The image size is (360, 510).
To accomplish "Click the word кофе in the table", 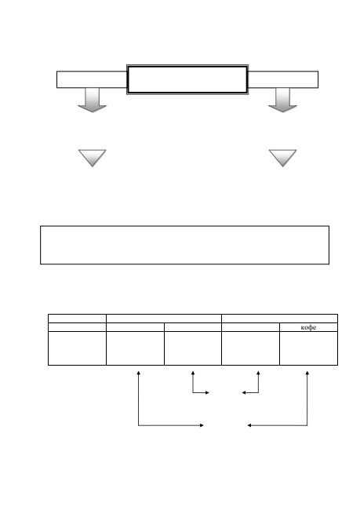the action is pyautogui.click(x=308, y=327).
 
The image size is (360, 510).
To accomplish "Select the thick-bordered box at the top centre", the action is pyautogui.click(x=187, y=80).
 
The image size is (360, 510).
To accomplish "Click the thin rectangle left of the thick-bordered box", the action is pyautogui.click(x=92, y=79).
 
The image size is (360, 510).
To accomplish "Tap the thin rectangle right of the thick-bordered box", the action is pyautogui.click(x=283, y=79).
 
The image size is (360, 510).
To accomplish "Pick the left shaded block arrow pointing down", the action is pyautogui.click(x=93, y=100).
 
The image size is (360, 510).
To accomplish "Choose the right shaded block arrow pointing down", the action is pyautogui.click(x=282, y=100).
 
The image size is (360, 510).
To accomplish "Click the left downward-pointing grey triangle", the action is pyautogui.click(x=93, y=157).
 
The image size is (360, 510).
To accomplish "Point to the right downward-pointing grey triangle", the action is pyautogui.click(x=282, y=157).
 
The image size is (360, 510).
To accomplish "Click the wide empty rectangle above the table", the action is pyautogui.click(x=185, y=245).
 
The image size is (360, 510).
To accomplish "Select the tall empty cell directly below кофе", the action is pyautogui.click(x=308, y=348).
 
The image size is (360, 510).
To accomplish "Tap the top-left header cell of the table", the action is pyautogui.click(x=77, y=319).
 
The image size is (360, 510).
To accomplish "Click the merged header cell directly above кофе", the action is pyautogui.click(x=280, y=319).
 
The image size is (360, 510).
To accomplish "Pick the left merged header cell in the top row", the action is pyautogui.click(x=164, y=319).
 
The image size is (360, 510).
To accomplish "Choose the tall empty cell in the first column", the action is pyautogui.click(x=77, y=348).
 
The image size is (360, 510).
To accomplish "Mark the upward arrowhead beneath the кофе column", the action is pyautogui.click(x=307, y=373).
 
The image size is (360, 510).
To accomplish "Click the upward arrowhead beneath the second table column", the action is pyautogui.click(x=139, y=373).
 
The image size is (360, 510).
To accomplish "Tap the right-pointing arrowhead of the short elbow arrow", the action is pyautogui.click(x=207, y=393).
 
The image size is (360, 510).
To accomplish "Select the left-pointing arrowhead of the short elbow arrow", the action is pyautogui.click(x=244, y=393).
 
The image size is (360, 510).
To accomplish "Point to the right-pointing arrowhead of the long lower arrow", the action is pyautogui.click(x=202, y=425).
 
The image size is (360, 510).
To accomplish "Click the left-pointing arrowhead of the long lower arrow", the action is pyautogui.click(x=249, y=425).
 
